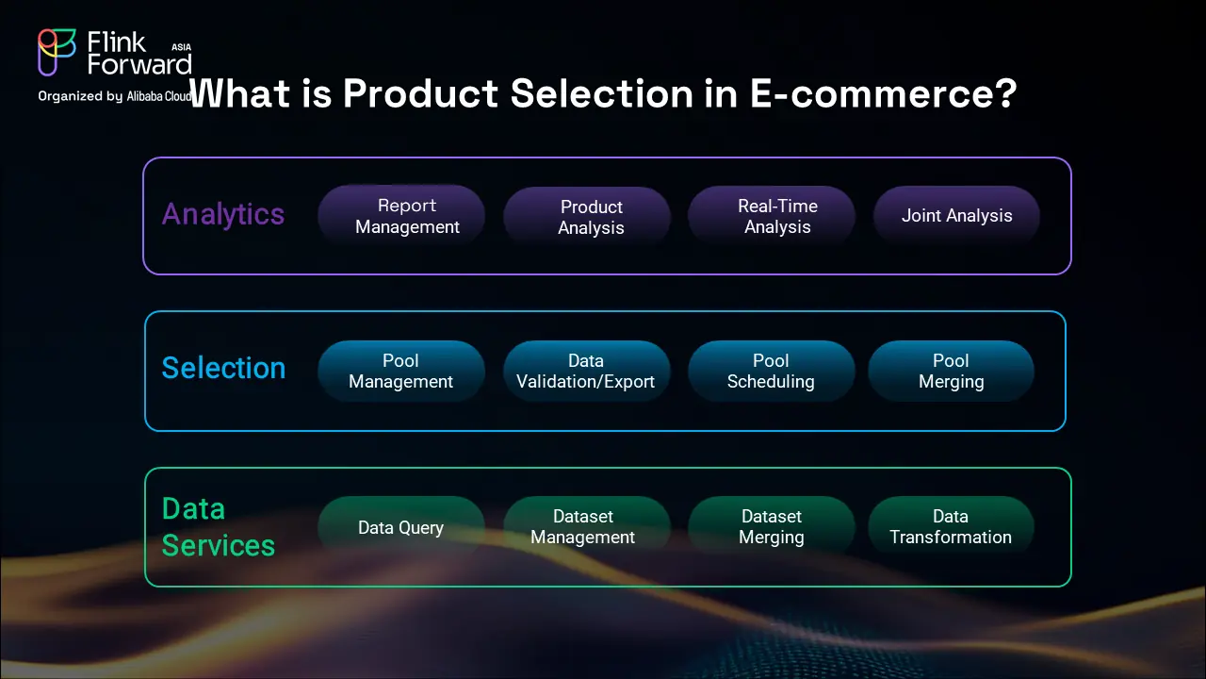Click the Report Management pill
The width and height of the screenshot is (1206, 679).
(x=401, y=216)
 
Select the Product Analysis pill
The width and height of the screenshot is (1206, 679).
(x=587, y=217)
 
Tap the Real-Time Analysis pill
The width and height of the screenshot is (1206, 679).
(x=772, y=216)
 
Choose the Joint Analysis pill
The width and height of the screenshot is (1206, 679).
(x=956, y=216)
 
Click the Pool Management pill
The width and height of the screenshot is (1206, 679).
(x=401, y=371)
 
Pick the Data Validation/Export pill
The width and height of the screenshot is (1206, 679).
(x=587, y=371)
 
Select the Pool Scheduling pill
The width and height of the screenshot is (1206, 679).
(x=772, y=371)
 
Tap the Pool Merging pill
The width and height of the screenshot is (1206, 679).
(x=951, y=371)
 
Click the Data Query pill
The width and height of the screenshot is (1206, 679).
(x=401, y=527)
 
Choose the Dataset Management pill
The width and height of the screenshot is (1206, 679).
(x=587, y=527)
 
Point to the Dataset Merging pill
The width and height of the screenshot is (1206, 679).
(x=772, y=527)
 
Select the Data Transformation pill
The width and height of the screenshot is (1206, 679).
(x=951, y=527)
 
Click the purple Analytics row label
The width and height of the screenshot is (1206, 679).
(x=223, y=214)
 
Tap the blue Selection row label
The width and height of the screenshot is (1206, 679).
(x=223, y=368)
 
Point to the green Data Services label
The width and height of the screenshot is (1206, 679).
(x=218, y=526)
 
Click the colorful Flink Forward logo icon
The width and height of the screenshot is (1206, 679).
(x=57, y=52)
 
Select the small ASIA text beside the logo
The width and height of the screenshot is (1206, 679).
(x=182, y=47)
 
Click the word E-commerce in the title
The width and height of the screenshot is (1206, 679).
(x=883, y=93)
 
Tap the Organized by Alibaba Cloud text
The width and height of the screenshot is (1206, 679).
(x=115, y=96)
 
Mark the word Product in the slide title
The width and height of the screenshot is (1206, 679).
(x=420, y=92)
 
